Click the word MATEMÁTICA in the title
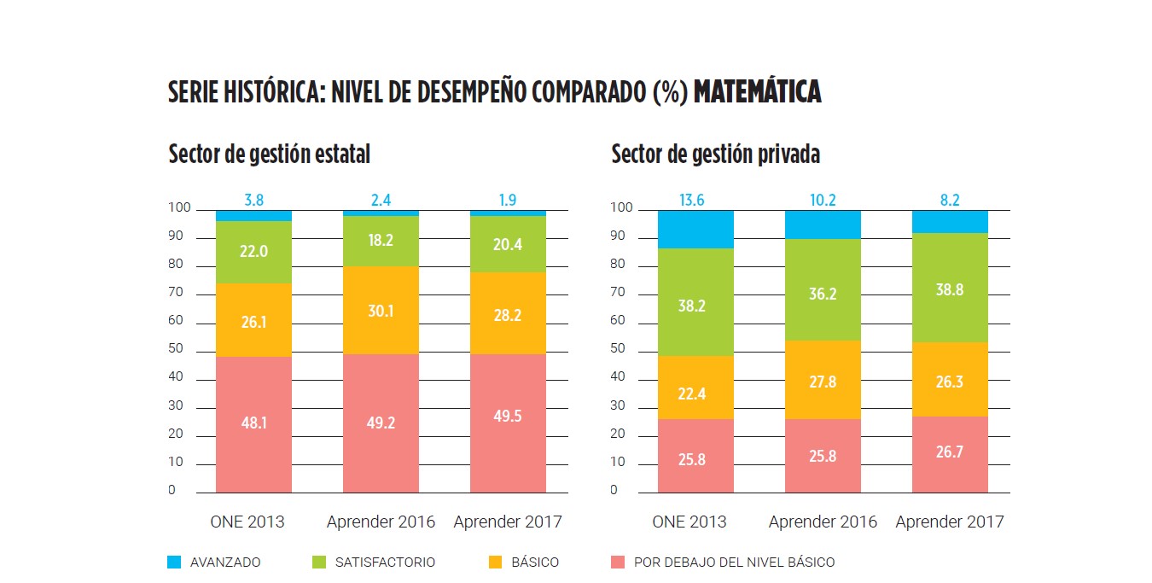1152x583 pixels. (x=757, y=92)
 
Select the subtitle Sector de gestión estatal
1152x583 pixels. (x=269, y=154)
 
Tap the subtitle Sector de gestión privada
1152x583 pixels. (x=715, y=154)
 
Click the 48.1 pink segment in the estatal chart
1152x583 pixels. (x=253, y=423)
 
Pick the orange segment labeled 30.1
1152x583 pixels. (x=381, y=310)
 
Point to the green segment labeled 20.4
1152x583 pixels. (x=508, y=244)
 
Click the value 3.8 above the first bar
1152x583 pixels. (x=253, y=201)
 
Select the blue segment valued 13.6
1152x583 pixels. (x=695, y=229)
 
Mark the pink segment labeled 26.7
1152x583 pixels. (x=950, y=453)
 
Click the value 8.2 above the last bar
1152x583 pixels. (x=950, y=201)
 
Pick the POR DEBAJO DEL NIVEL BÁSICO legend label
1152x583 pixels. (x=734, y=563)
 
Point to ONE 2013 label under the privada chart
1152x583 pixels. (x=689, y=522)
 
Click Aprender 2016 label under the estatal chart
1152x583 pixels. (x=381, y=522)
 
